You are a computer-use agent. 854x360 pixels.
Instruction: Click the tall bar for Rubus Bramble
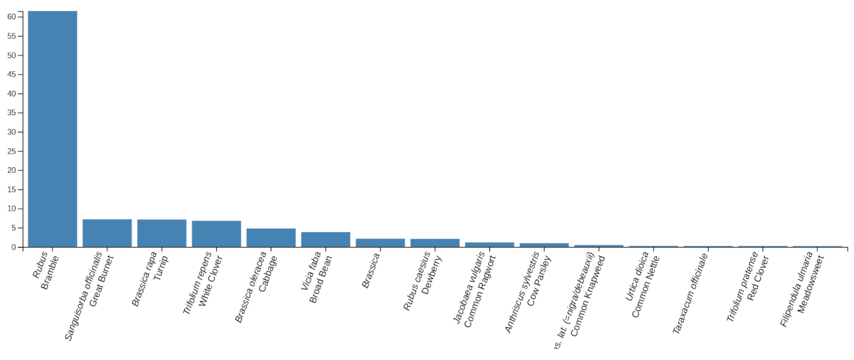52,129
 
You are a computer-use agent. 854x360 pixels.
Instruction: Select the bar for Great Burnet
107,233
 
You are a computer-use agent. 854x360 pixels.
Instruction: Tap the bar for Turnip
161,233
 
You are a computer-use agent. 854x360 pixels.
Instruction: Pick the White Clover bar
216,233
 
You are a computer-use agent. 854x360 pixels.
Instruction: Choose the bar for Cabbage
271,237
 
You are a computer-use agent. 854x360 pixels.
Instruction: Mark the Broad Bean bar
325,239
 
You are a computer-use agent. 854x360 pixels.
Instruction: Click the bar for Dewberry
435,242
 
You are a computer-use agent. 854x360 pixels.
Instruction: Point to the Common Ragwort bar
489,244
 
